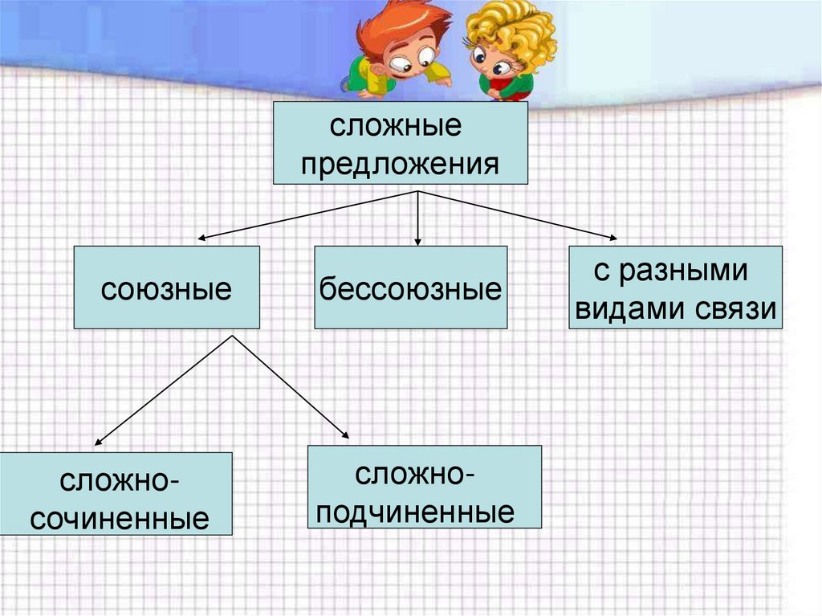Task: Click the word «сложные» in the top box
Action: point(399,127)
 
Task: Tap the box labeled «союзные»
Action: point(166,288)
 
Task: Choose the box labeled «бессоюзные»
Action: point(410,288)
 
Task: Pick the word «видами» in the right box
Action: point(625,308)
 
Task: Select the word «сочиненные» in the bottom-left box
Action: point(118,518)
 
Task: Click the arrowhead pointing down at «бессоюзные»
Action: point(417,240)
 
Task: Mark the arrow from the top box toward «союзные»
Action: point(305,215)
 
